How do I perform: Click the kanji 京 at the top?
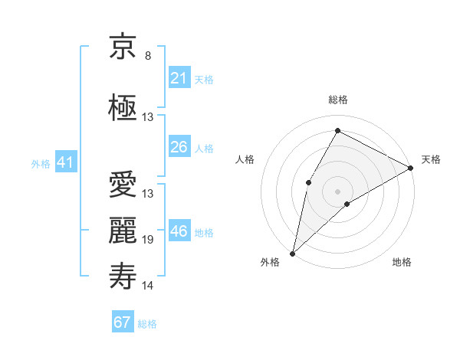coord(123,47)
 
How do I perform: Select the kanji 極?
coord(123,108)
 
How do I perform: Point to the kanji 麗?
coord(123,231)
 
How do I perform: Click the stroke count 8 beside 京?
coord(148,56)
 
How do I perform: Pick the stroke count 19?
coord(148,240)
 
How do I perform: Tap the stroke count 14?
coord(148,286)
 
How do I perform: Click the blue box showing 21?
coord(179,78)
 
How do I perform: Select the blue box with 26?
coord(179,147)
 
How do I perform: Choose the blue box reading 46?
coord(179,231)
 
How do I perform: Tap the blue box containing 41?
coord(65,162)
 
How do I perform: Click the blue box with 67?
coord(122,322)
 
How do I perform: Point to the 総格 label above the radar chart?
coord(338,100)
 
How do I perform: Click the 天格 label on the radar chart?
coord(431,159)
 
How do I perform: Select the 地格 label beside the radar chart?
coord(402,262)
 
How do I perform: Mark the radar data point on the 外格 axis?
coord(292,253)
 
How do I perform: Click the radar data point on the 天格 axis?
coord(411,167)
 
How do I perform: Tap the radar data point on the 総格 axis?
coord(338,130)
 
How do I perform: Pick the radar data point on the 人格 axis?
coord(308,182)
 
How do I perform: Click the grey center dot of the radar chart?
coord(337,191)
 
